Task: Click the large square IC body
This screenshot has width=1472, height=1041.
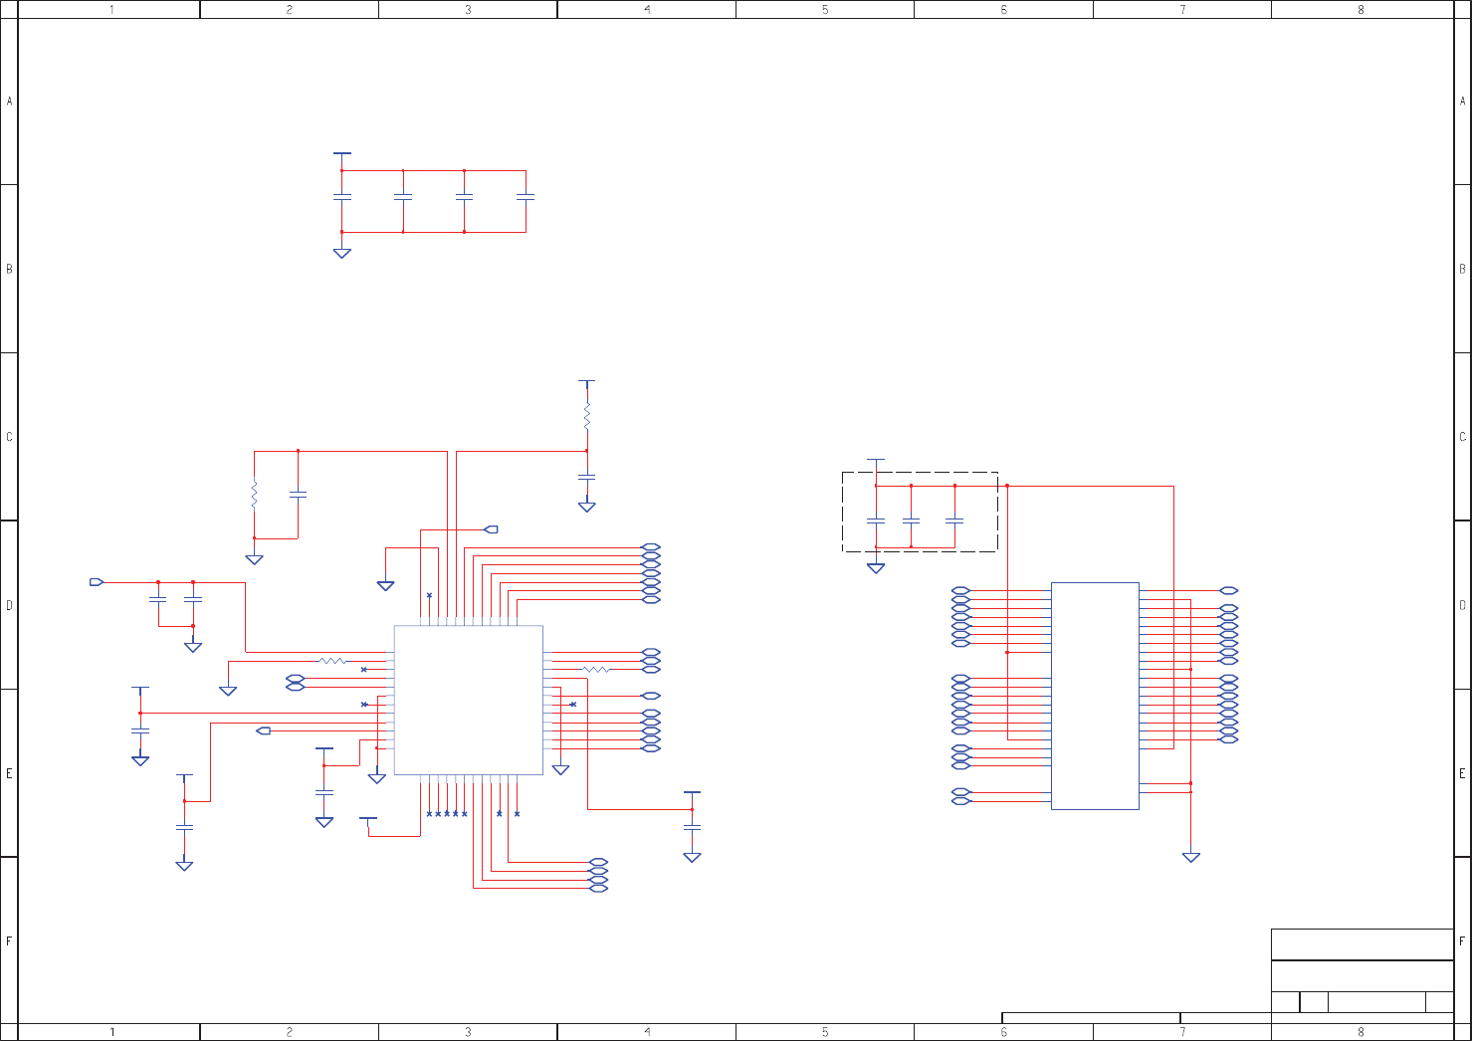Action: pos(468,700)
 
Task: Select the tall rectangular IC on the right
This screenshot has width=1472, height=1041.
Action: pos(1095,696)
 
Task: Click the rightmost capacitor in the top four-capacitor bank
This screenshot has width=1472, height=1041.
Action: pos(526,198)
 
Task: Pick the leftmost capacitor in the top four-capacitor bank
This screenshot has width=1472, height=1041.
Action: pos(342,198)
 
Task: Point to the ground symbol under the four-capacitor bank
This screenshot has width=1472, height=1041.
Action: pos(342,253)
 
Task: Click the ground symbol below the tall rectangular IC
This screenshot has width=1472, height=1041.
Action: pos(1191,857)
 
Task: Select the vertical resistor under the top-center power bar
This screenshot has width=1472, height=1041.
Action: pos(587,416)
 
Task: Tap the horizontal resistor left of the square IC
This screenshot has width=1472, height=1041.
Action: pos(332,661)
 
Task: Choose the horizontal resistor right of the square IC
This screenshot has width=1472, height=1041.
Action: pos(595,670)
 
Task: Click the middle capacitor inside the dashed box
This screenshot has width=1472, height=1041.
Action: pos(911,520)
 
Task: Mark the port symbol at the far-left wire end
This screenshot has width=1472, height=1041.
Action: pos(97,582)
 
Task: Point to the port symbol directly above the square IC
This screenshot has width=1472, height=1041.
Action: pos(491,529)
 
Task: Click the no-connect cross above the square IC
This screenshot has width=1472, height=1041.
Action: pos(430,595)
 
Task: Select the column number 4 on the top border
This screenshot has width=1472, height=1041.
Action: pos(647,10)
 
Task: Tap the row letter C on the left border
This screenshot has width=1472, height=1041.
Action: pos(9,437)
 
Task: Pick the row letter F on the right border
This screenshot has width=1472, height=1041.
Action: pos(1462,940)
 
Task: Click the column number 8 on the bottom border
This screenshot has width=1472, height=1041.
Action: pos(1361,1032)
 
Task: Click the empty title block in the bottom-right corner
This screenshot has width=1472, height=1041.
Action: pos(1362,970)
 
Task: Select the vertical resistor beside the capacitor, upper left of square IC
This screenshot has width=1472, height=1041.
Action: pos(254,495)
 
